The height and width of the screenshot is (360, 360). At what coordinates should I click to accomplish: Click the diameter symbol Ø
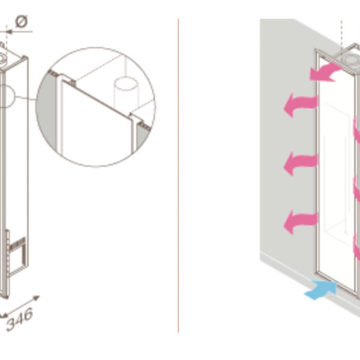(22, 21)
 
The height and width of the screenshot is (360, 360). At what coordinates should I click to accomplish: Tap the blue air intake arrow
(320, 290)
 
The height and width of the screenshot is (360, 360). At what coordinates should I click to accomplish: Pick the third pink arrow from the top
(301, 164)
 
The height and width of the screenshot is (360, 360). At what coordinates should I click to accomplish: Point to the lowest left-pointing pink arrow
(301, 222)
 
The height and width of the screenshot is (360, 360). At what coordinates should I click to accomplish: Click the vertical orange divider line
(178, 176)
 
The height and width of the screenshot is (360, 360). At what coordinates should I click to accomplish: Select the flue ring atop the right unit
(350, 58)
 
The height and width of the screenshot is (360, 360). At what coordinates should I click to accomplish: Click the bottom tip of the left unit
(5, 297)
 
